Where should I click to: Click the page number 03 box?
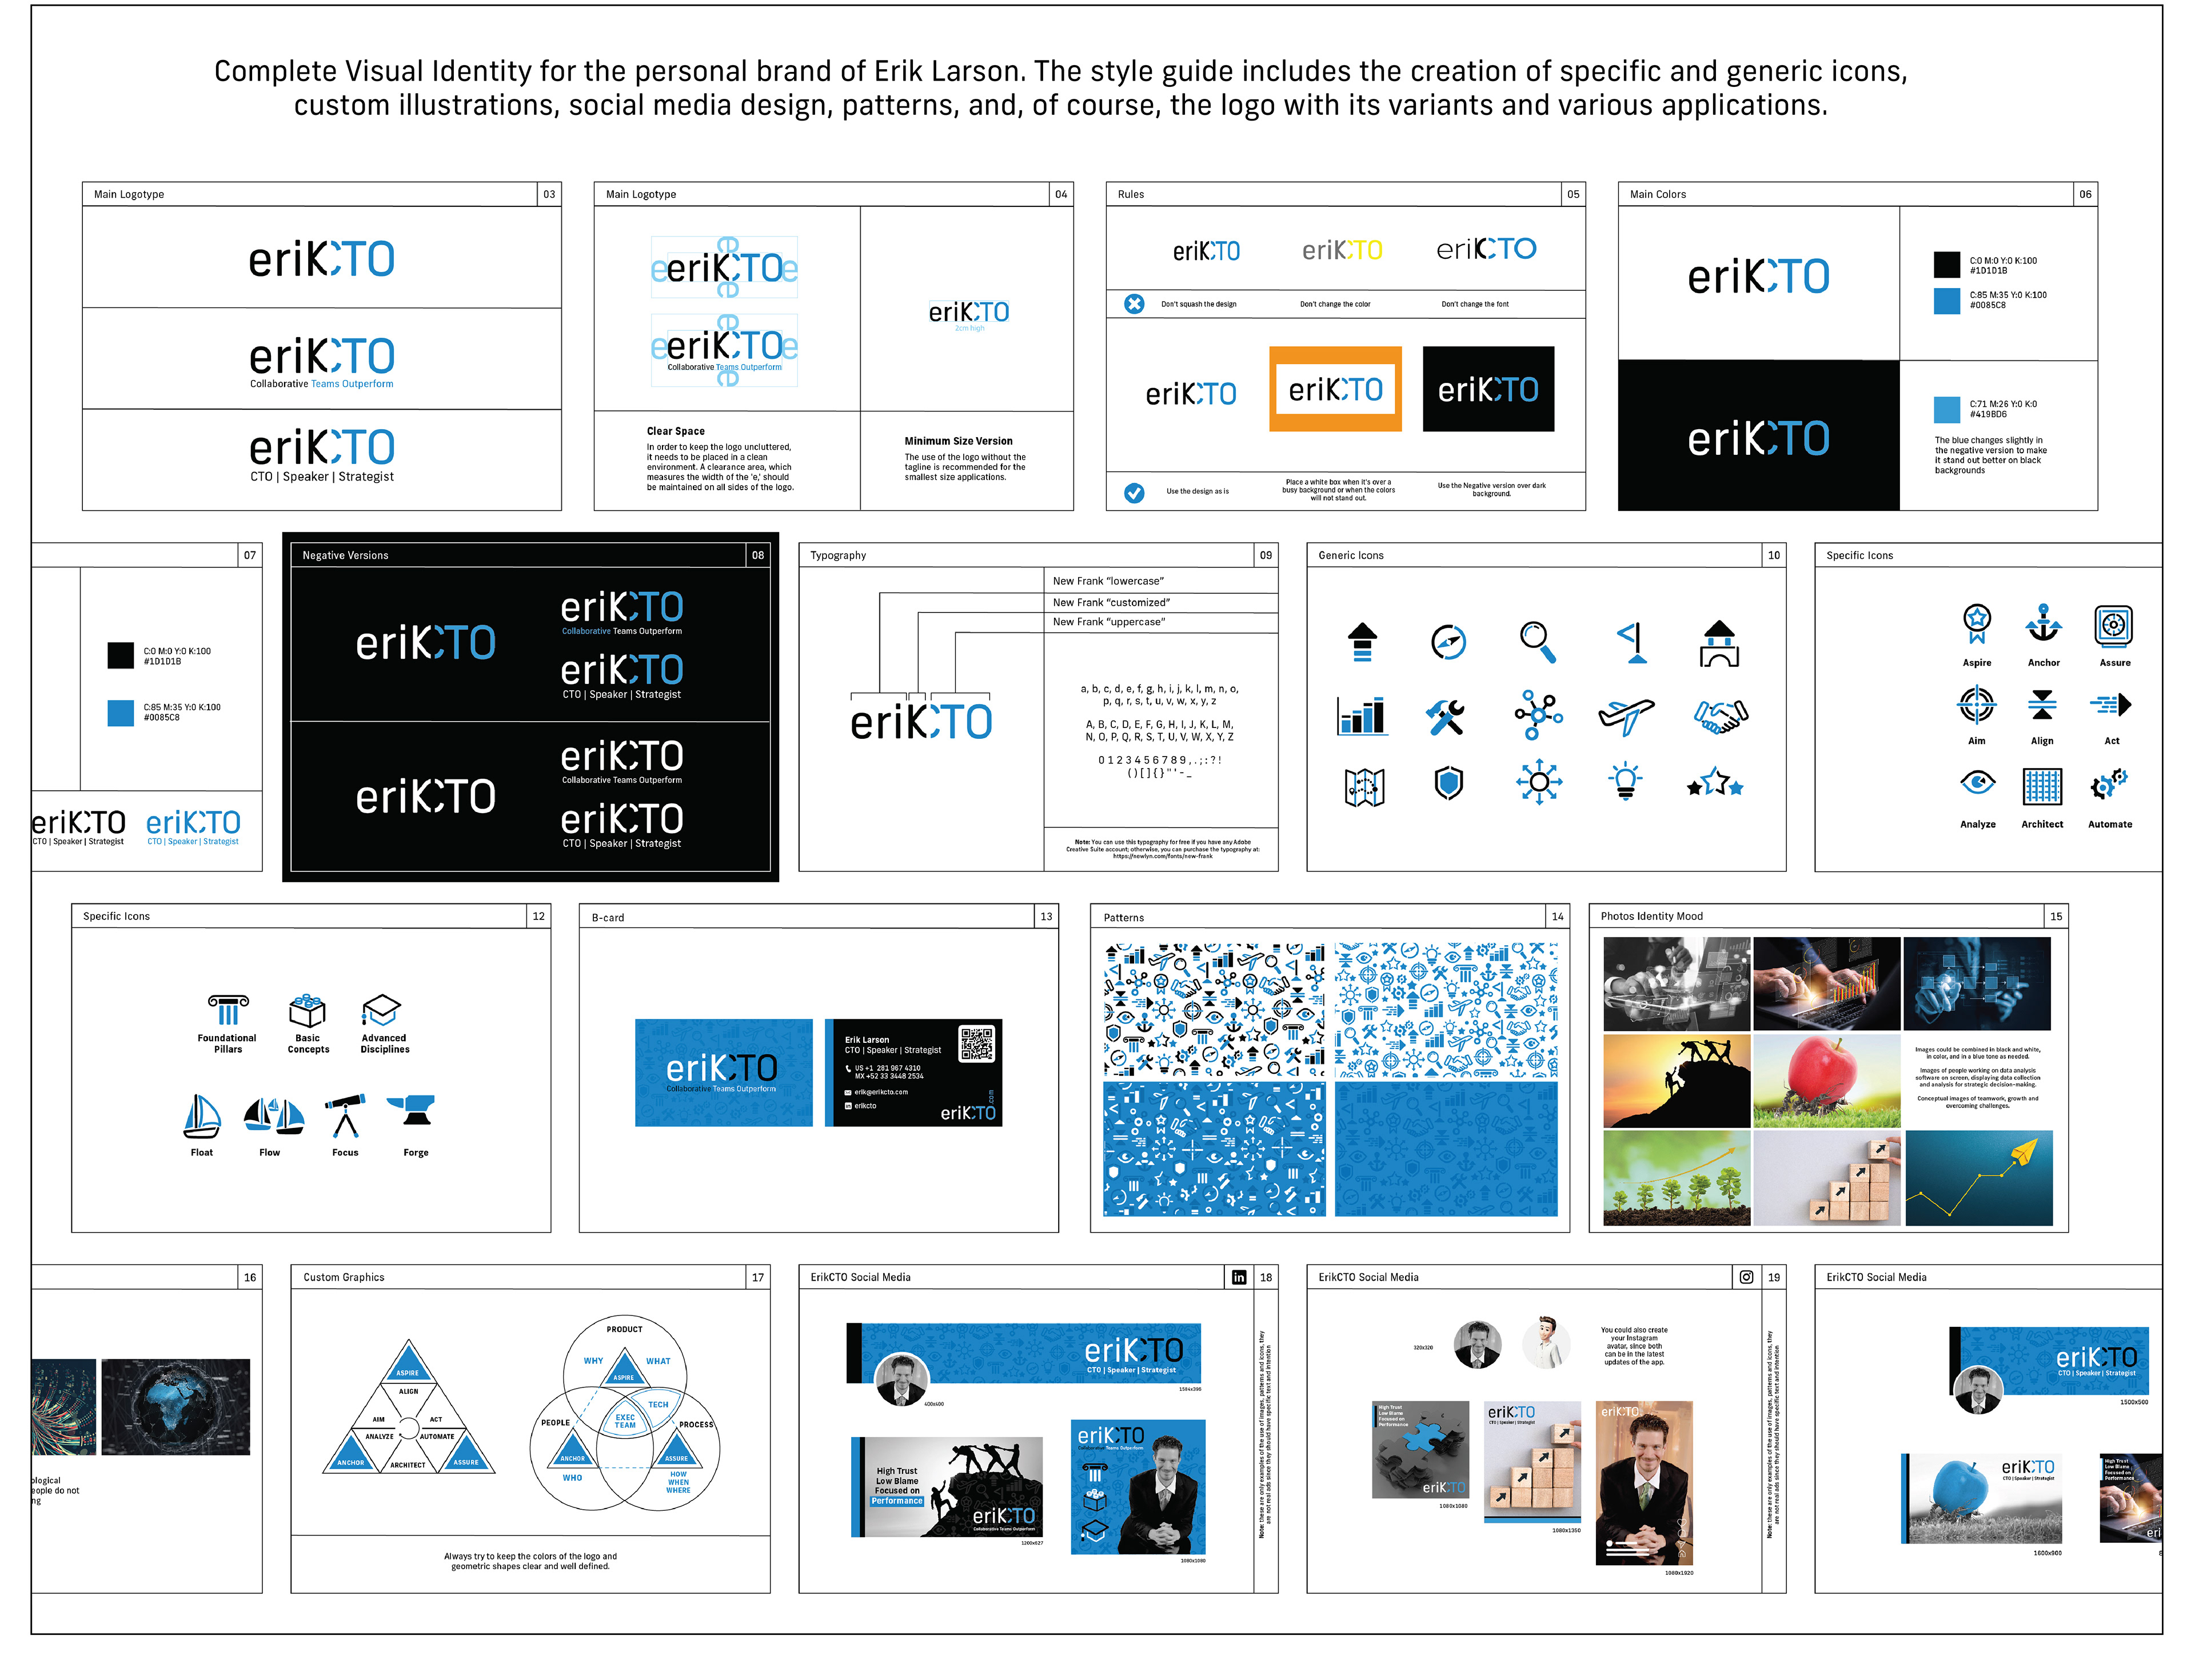549,194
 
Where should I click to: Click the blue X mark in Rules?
1134,303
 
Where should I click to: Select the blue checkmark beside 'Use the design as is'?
1134,492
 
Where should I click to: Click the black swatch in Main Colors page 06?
1946,264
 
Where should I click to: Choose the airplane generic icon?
1626,714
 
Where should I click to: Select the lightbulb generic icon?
1626,782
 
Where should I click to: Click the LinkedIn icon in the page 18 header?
1239,1277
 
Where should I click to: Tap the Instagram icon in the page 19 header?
1746,1277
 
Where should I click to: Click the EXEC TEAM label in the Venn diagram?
625,1421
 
